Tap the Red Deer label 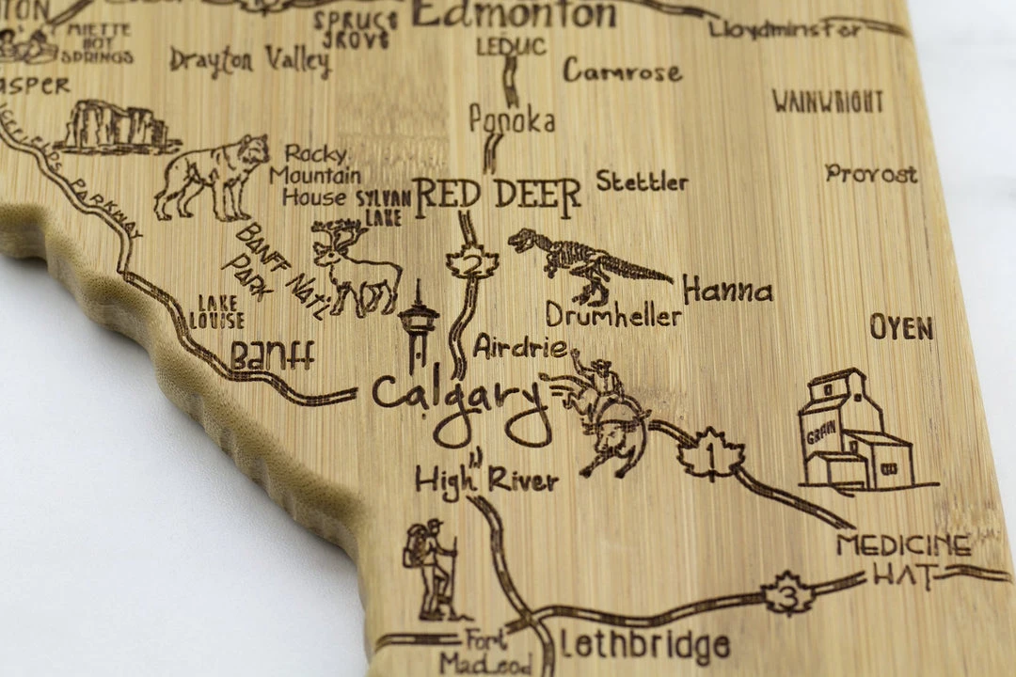coord(497,194)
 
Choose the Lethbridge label coord(644,646)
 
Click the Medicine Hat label coord(904,559)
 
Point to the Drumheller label coord(612,315)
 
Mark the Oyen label coord(900,328)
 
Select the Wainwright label coord(828,102)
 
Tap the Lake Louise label coord(216,311)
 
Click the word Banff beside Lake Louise coord(272,355)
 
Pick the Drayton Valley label coord(249,61)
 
